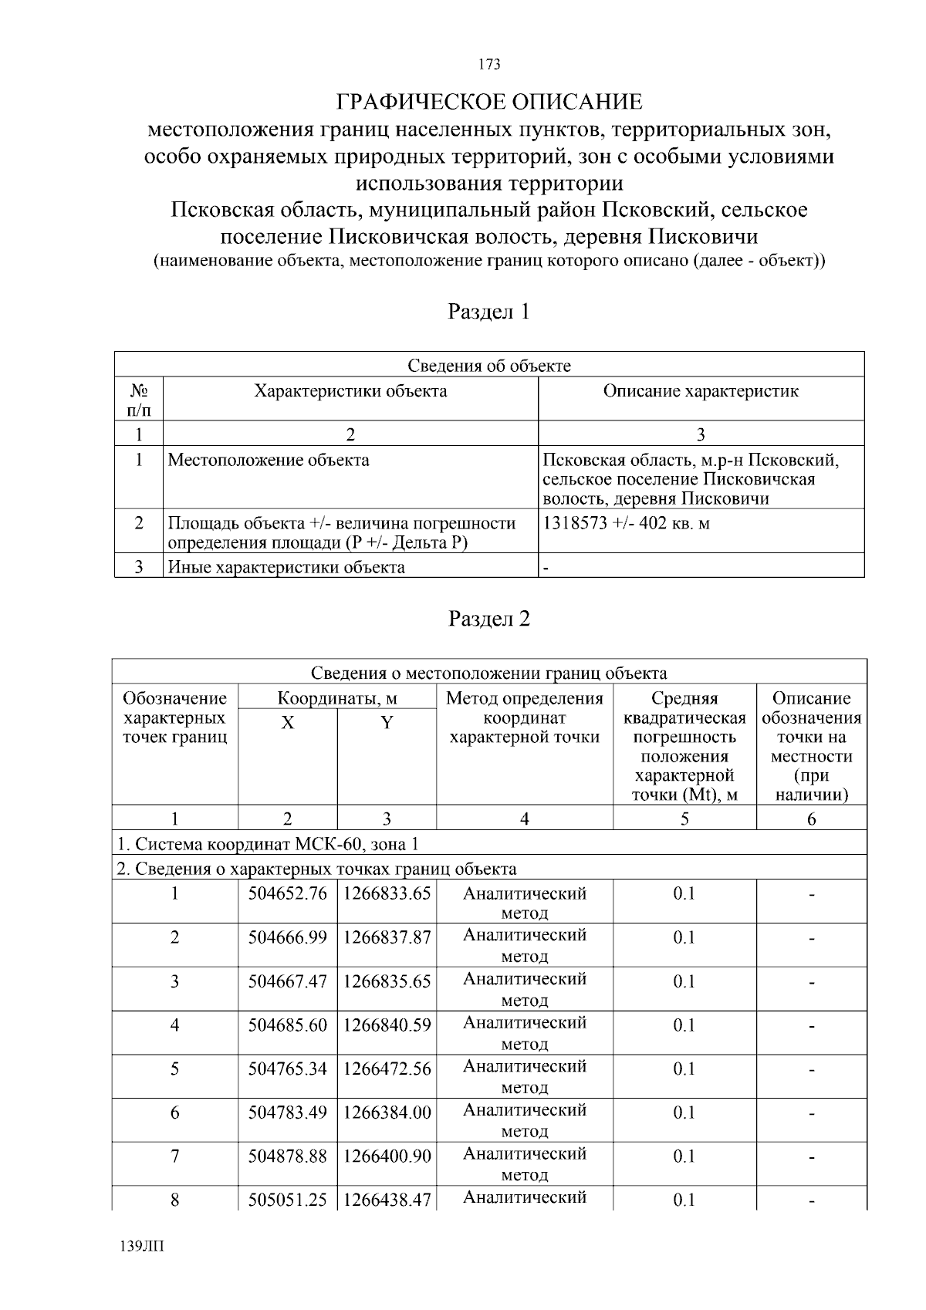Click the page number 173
tap(489, 64)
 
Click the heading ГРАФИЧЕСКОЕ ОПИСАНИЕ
tap(489, 102)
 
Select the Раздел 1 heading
tap(489, 312)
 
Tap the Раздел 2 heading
tap(489, 619)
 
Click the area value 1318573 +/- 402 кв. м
tap(627, 523)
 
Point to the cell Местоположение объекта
tap(269, 461)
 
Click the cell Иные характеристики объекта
tap(286, 568)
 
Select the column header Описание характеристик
tap(701, 391)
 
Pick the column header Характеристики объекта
tap(350, 391)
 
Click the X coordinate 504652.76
tap(287, 893)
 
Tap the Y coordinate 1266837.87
tap(387, 937)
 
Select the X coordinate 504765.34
tap(287, 1069)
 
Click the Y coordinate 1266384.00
tap(387, 1112)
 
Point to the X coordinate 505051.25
tap(287, 1200)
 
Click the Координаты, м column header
tap(337, 699)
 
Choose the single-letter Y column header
tap(387, 723)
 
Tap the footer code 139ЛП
tap(143, 1247)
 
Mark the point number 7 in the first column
tap(175, 1156)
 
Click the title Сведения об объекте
tap(489, 366)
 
